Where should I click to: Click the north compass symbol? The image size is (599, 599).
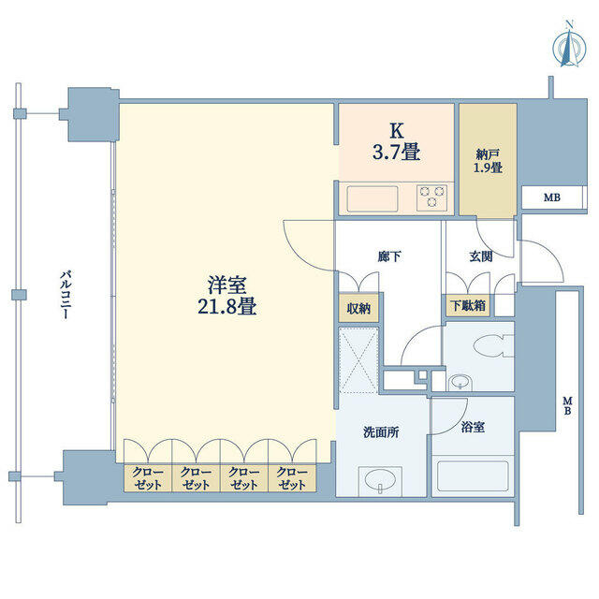click(569, 46)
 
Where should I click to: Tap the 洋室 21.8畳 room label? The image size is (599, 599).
click(227, 295)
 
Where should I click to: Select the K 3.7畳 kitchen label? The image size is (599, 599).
click(397, 141)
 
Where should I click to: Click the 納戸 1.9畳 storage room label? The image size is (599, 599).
click(488, 161)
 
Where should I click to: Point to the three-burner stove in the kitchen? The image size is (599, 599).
click(432, 197)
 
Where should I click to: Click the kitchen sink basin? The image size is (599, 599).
click(373, 198)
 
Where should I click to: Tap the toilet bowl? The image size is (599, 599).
click(493, 345)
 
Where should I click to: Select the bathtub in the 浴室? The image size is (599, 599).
click(473, 476)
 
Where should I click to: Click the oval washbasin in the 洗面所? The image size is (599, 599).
click(381, 479)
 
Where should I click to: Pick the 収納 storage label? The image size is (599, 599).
click(358, 308)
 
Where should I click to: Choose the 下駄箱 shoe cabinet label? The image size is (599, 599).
click(468, 305)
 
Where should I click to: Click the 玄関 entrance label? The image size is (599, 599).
click(481, 256)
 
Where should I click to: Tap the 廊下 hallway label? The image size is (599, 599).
click(389, 256)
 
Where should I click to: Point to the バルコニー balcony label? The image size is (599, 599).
click(66, 294)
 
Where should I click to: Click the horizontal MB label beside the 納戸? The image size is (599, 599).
click(552, 197)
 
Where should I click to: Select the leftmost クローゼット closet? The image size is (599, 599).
click(148, 477)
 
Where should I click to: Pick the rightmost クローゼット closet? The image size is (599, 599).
click(292, 477)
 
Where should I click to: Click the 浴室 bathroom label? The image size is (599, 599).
click(473, 427)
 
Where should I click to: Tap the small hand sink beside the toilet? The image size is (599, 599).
click(460, 382)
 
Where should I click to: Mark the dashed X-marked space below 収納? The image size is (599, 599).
click(358, 359)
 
